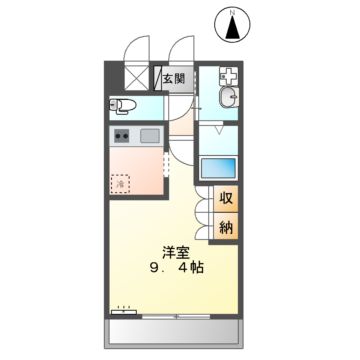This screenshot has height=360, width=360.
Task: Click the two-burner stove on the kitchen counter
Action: click(122, 135)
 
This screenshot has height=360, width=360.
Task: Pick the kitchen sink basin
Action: click(149, 135)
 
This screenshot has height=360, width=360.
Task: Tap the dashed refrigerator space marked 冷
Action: click(120, 183)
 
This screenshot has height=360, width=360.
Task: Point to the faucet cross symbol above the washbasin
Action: click(229, 76)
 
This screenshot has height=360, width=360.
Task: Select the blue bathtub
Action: click(218, 169)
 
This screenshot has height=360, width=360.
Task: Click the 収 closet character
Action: click(226, 199)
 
